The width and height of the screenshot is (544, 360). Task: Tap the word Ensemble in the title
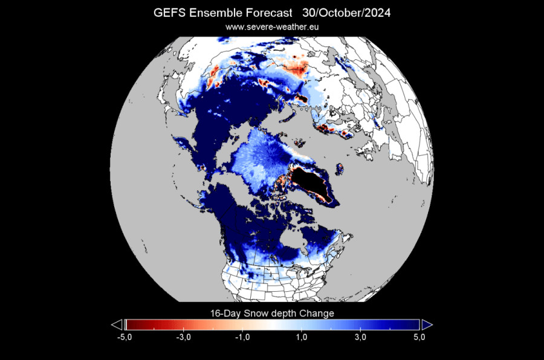click(x=213, y=13)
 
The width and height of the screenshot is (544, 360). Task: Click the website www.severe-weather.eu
click(x=272, y=27)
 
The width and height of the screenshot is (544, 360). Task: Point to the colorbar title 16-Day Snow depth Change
click(x=271, y=313)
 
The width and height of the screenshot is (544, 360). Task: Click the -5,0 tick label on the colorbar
click(x=125, y=337)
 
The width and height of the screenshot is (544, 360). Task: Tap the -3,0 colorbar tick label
click(x=184, y=337)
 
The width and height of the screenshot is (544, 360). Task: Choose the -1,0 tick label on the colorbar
click(x=243, y=337)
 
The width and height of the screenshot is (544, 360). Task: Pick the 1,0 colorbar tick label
click(x=302, y=337)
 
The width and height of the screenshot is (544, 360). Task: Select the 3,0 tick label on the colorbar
click(x=361, y=337)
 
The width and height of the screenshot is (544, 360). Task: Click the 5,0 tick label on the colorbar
click(x=419, y=337)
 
